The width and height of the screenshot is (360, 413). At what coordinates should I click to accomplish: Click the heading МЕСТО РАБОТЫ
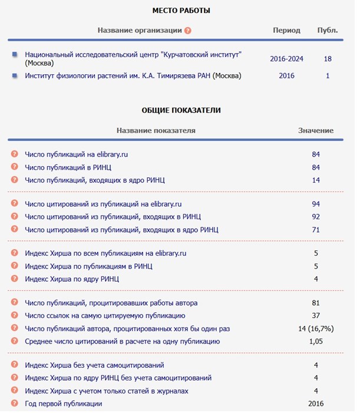click(181, 11)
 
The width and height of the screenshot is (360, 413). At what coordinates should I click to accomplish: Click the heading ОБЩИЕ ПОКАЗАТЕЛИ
click(181, 110)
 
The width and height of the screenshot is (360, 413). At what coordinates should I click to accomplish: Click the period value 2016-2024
click(286, 59)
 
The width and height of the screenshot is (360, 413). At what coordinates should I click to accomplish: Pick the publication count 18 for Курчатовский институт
click(328, 59)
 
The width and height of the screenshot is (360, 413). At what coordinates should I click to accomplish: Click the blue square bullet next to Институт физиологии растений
click(15, 75)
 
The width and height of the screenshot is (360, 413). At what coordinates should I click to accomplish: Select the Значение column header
click(316, 130)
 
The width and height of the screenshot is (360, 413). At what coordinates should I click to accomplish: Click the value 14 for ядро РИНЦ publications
click(316, 180)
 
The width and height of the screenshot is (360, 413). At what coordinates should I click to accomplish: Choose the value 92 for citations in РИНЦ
click(316, 217)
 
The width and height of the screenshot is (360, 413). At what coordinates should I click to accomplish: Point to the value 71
click(316, 229)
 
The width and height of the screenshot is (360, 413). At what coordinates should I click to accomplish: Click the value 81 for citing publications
click(316, 303)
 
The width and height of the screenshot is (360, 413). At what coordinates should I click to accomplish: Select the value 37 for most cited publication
click(316, 316)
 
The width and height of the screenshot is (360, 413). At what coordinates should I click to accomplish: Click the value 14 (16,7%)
click(316, 328)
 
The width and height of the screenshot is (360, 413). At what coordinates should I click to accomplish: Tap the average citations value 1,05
click(316, 341)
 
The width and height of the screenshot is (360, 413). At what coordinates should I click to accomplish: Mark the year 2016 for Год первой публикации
click(316, 404)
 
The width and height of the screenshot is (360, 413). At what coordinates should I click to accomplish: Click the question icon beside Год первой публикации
click(15, 404)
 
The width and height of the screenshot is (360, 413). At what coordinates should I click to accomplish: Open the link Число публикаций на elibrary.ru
click(77, 154)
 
